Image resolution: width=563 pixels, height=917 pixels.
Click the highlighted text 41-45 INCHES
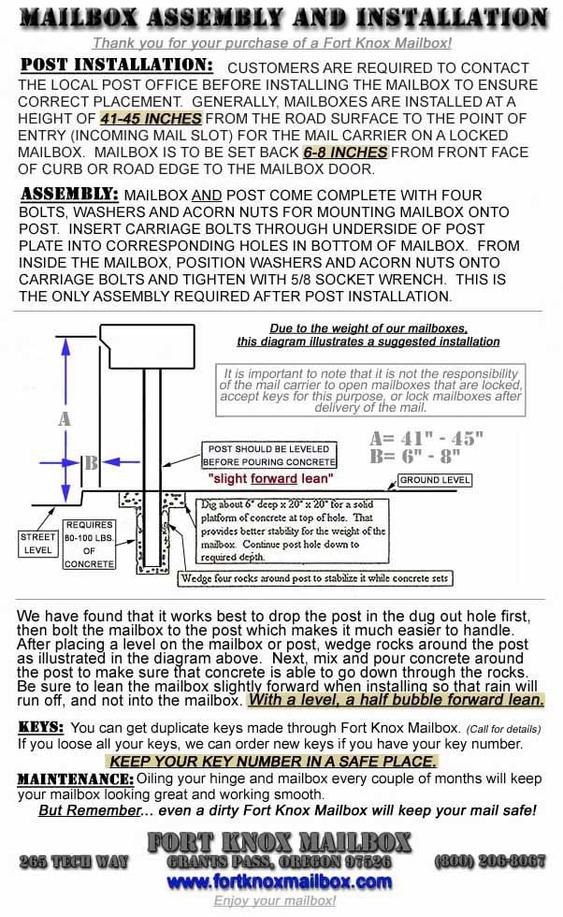point(151,119)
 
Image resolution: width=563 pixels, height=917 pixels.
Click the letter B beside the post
point(91,462)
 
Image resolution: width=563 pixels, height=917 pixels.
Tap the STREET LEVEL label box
point(38,544)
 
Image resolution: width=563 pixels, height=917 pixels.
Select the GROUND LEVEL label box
point(435,480)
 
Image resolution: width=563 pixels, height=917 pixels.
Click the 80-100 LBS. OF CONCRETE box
point(90,545)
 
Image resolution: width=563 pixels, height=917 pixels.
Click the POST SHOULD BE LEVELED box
point(270,456)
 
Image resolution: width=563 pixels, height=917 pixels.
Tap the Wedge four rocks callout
point(315,578)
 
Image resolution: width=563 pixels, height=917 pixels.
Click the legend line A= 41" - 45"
point(426,438)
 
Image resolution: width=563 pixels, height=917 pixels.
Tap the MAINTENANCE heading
point(75,779)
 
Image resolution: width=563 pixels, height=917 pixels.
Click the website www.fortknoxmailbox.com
point(280,881)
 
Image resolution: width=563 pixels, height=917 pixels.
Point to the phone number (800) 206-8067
point(490,861)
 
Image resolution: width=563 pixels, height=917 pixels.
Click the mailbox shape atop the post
point(149,347)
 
